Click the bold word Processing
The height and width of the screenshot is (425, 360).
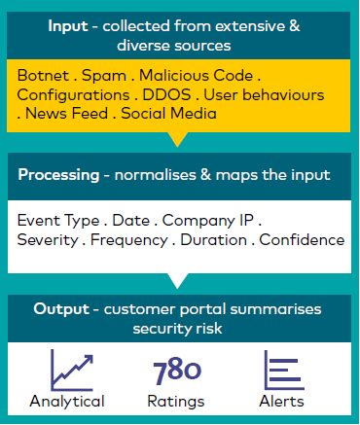(57, 177)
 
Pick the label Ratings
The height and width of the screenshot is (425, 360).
(177, 401)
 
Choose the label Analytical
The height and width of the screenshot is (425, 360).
(67, 401)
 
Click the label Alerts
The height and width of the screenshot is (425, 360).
(282, 401)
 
